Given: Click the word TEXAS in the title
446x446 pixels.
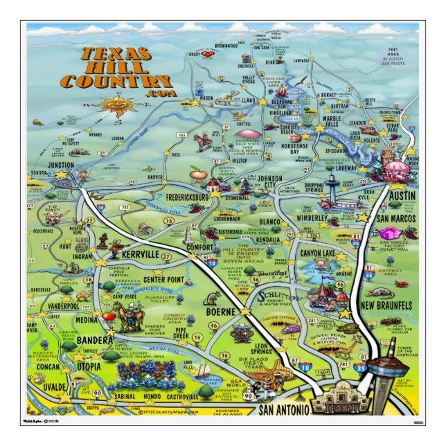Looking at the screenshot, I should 114,55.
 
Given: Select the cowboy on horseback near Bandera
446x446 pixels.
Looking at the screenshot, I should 128,320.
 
